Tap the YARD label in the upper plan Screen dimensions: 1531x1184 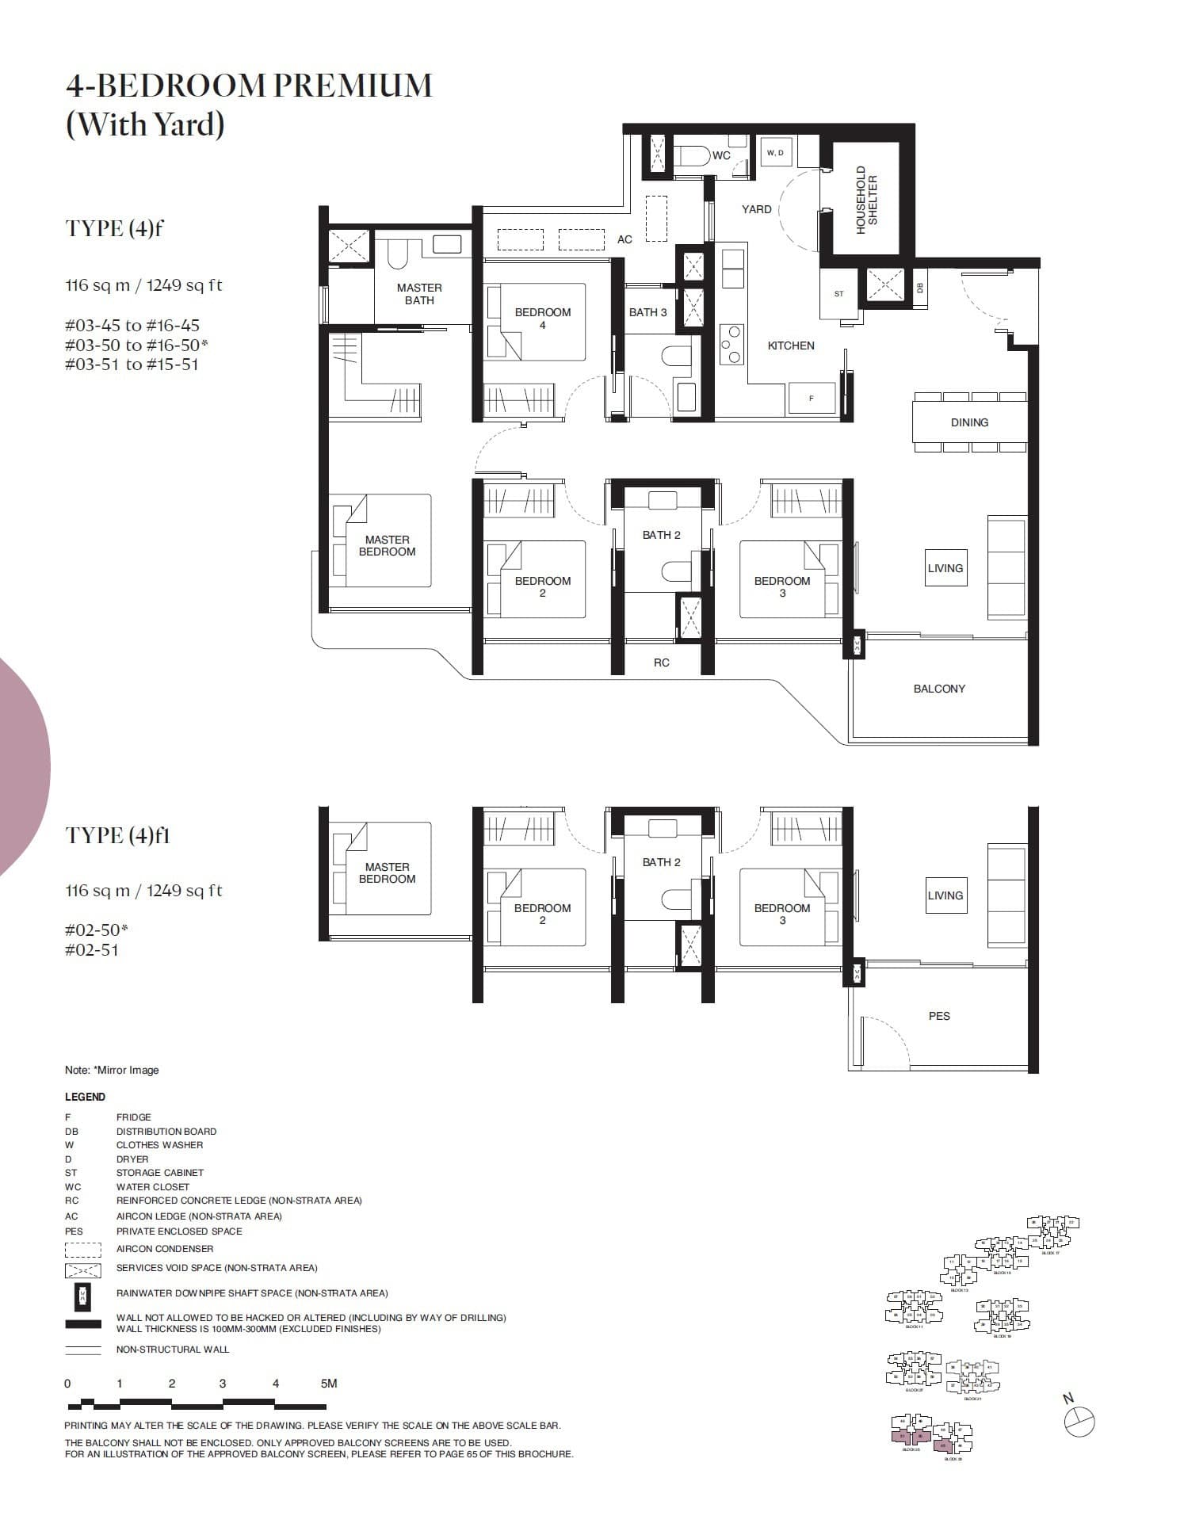pos(756,209)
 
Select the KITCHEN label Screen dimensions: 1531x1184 pos(790,346)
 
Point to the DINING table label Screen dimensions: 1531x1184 pos(969,422)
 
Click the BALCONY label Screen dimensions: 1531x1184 pos(939,689)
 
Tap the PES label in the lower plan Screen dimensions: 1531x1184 pos(939,1016)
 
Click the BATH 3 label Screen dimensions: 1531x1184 pos(647,312)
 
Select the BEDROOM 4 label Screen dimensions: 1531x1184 pos(542,318)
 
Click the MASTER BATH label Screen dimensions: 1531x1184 pos(419,294)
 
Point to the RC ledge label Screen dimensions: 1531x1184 pos(661,662)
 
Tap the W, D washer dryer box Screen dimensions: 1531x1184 pos(775,152)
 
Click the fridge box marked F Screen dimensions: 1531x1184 pos(811,398)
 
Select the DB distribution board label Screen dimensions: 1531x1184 pos(920,288)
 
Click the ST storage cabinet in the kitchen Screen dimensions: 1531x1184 pos(838,294)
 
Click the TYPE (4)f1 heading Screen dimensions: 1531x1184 pos(117,835)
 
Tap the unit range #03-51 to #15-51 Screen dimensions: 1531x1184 pos(132,365)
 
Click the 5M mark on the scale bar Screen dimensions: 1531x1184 pos(329,1384)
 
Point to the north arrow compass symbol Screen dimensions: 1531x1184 pos(1079,1422)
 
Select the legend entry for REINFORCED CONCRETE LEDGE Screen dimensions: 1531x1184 pos(239,1201)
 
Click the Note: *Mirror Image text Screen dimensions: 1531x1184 pos(112,1070)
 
